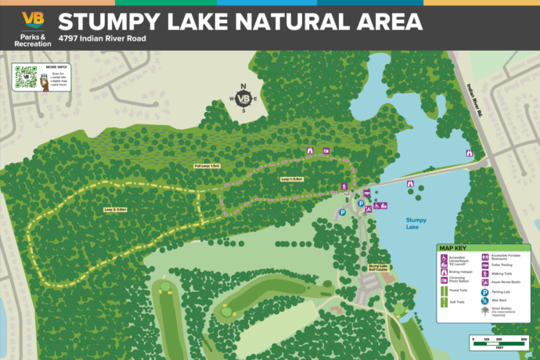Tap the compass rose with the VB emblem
[243, 99]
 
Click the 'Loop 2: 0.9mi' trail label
[115, 210]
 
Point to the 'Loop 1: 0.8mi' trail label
[292, 179]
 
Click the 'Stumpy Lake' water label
[416, 222]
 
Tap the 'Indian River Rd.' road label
[477, 101]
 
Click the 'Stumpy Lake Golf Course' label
[379, 268]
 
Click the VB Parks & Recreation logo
[33, 29]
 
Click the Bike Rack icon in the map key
[485, 301]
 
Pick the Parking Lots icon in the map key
[485, 291]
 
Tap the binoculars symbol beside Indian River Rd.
[470, 153]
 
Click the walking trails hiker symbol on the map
[344, 186]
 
